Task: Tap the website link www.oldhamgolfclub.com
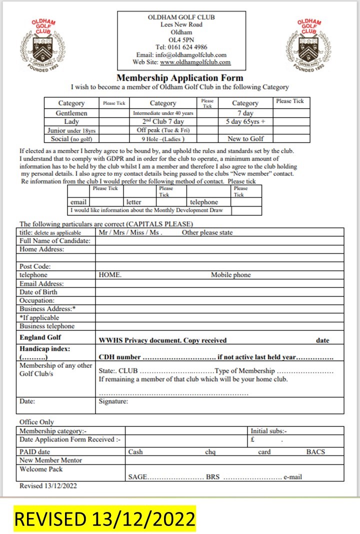point(195,63)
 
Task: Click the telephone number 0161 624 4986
point(181,48)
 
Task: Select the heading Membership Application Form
point(179,78)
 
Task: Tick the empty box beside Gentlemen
point(114,113)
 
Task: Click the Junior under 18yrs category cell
point(71,130)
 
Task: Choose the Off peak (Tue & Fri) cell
point(163,130)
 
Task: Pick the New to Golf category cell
point(245,139)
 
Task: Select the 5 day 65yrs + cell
point(245,122)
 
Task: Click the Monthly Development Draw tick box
point(246,211)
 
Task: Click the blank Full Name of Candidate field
point(219,241)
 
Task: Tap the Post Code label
point(35,267)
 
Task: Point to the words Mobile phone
point(230,275)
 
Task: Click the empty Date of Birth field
point(219,292)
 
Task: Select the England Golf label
point(40,337)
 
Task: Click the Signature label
point(113,401)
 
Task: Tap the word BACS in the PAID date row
point(315,451)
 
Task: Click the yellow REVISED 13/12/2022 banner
point(104,519)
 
